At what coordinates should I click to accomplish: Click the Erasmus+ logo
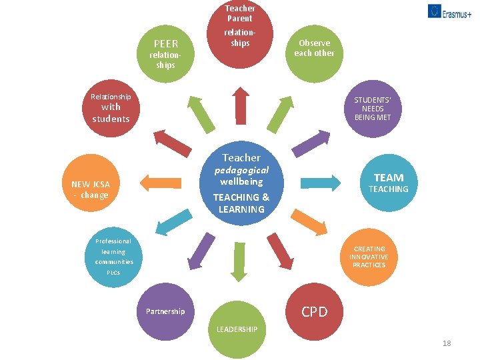point(449,11)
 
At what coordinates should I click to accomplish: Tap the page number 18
point(447,343)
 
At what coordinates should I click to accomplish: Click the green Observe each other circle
point(314,48)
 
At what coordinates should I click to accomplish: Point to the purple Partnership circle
point(166,311)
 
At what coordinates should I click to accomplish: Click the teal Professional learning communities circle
point(113,257)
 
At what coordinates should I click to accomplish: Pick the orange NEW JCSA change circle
point(91,189)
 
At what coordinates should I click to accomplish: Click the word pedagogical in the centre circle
point(241,170)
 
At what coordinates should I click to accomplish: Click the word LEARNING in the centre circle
point(241,209)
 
